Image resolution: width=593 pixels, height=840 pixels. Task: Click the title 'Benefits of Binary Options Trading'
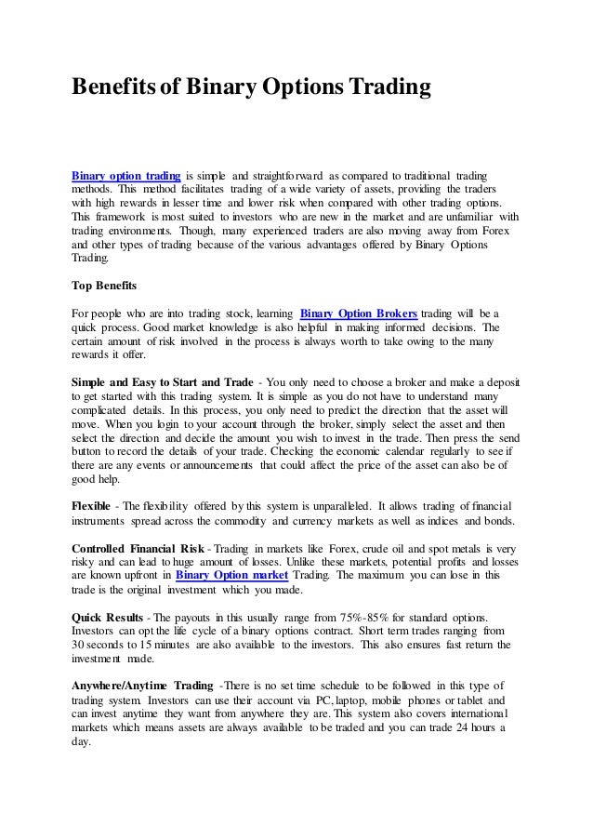(252, 88)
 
